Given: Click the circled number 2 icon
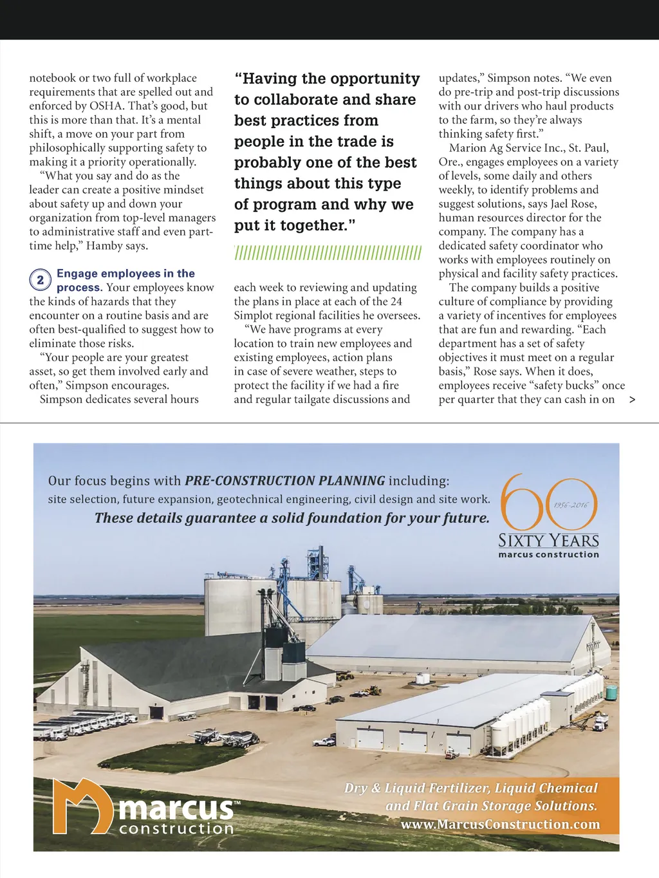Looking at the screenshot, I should pos(40,280).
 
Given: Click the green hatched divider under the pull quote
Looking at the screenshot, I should pos(328,253).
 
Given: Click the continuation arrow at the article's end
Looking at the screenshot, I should pos(632,400).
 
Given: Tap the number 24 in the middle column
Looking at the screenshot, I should pos(396,302).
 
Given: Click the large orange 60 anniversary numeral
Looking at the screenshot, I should pos(548,503).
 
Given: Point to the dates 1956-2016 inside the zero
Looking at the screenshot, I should pos(571,505).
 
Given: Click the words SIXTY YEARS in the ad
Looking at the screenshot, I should pos(548,540).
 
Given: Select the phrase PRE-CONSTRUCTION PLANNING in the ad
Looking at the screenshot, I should pos(284,481).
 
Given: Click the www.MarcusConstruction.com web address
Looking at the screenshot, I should pos(500,825).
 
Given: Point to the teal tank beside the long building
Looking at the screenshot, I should pos(611,693).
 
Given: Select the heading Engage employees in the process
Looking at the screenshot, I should pos(125,280).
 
